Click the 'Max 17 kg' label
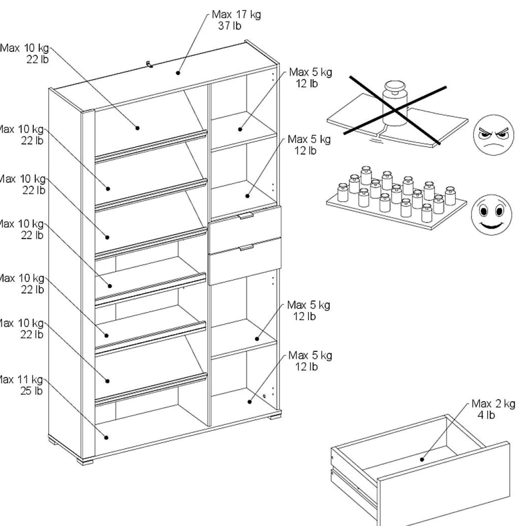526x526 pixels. coord(236,14)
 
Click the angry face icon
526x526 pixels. coord(493,135)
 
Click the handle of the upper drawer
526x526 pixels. coord(246,216)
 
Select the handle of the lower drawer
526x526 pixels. coord(247,248)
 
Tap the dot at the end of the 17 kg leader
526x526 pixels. coord(178,73)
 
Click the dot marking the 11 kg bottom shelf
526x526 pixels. coord(106,438)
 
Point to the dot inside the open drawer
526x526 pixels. coord(422,460)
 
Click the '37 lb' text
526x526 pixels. coord(229,26)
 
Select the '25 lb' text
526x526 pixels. coord(31,391)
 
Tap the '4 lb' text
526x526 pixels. coord(486,415)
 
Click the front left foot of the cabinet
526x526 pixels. coord(85,461)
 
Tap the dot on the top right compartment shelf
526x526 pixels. coord(240,129)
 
